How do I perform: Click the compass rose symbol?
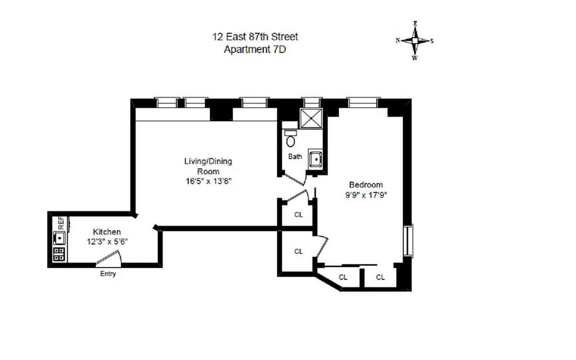pos(414,40)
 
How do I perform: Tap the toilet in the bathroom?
pos(291,139)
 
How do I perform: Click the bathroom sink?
pos(316,159)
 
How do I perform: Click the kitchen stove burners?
pos(59,254)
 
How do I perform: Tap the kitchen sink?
pos(59,237)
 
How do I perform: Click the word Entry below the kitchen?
pos(108,274)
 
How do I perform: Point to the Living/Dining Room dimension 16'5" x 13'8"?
pos(208,181)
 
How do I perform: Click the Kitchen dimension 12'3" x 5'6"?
pos(107,241)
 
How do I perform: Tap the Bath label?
pos(295,157)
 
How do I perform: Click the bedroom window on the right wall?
pos(409,241)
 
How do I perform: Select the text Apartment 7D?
pos(255,49)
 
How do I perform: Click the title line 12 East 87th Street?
pos(255,36)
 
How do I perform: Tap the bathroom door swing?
pos(295,179)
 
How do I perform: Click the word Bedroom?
pos(366,184)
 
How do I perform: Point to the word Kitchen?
pos(107,232)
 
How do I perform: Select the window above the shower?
pos(311,103)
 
